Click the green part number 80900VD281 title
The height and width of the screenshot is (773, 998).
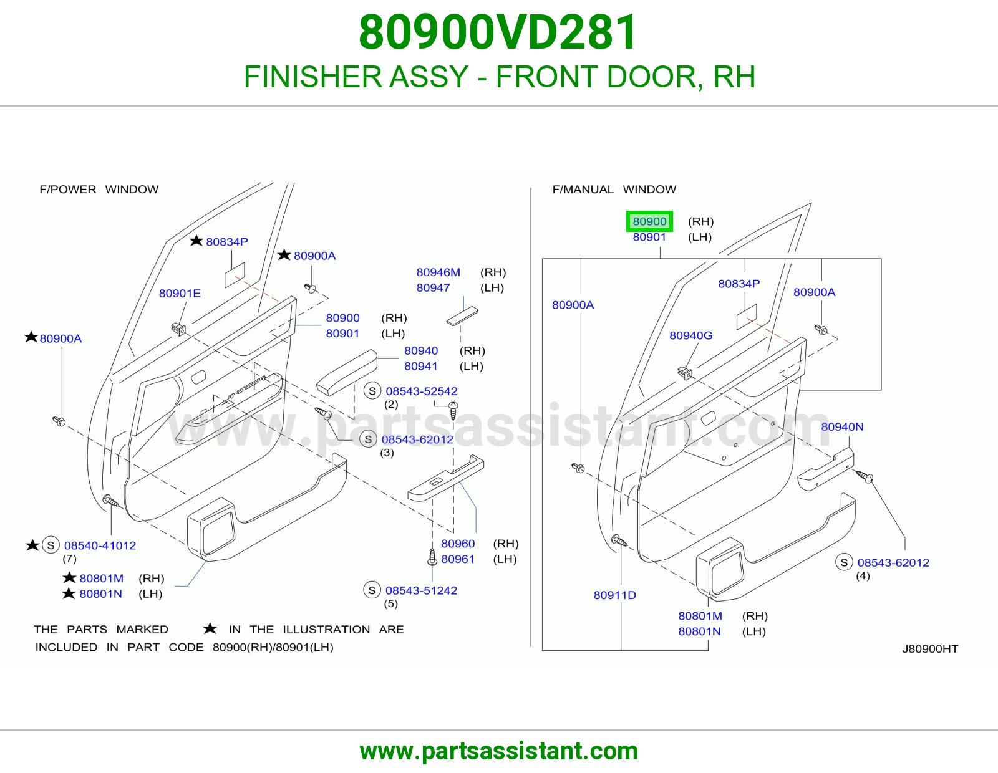(x=498, y=32)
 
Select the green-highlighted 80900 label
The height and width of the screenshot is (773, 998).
(x=649, y=222)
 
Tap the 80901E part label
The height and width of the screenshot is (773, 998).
(x=180, y=294)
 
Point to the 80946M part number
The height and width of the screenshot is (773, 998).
(x=438, y=272)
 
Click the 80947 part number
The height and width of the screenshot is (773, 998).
(x=433, y=288)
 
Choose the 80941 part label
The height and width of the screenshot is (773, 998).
(x=420, y=367)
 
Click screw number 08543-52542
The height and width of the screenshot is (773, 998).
(x=422, y=391)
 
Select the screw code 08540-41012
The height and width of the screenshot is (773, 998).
(x=100, y=545)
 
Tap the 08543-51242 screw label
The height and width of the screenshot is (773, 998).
(x=421, y=590)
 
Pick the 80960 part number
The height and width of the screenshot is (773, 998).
(x=458, y=544)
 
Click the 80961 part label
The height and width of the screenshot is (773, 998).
(x=457, y=559)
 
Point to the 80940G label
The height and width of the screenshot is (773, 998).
(x=690, y=335)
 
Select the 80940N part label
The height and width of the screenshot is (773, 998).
(x=842, y=427)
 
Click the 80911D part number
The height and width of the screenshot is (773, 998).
(x=614, y=595)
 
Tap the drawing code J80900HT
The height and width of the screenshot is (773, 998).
(x=930, y=648)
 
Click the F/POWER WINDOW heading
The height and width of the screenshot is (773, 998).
(x=99, y=189)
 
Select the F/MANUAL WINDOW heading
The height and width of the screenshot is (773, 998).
(x=614, y=189)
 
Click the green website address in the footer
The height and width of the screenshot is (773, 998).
(x=499, y=751)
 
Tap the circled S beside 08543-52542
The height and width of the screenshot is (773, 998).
(x=372, y=391)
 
